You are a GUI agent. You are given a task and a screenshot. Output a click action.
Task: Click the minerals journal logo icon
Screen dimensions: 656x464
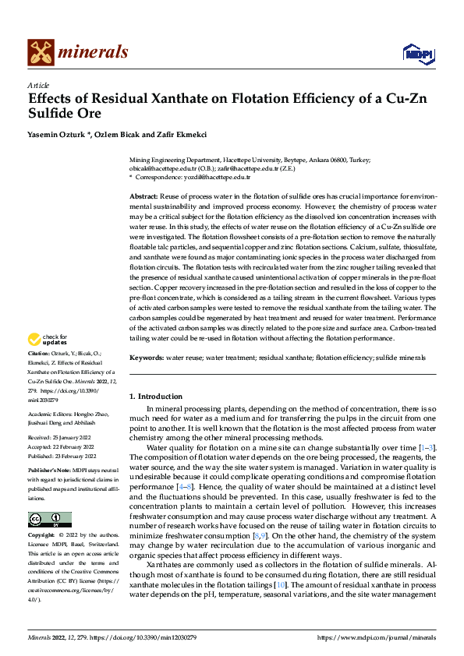(41, 52)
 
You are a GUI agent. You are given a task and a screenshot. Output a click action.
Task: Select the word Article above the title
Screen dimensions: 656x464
(38, 85)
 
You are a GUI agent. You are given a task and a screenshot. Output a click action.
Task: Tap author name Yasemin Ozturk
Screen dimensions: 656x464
(58, 134)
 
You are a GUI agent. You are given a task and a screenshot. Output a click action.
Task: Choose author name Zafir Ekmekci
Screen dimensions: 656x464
(185, 134)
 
